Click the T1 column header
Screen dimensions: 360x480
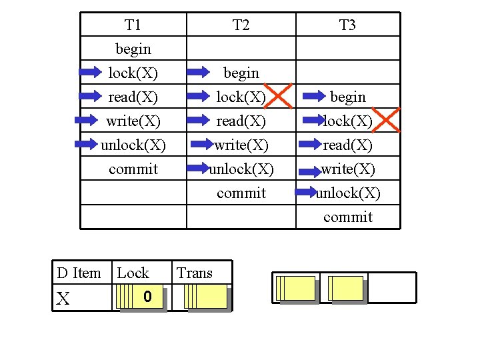[133, 25]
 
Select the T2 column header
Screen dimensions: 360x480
[241, 25]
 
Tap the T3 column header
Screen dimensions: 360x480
[347, 25]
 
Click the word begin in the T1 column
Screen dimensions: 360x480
[133, 49]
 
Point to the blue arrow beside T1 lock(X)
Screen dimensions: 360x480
[89, 72]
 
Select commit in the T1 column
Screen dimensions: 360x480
[133, 169]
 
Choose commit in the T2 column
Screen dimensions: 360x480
[241, 193]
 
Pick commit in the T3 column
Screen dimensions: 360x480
[347, 217]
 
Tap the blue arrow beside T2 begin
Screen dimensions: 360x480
[197, 72]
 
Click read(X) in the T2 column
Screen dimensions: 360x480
[241, 121]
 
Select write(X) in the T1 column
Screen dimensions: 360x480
[133, 121]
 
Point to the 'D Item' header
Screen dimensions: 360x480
[79, 273]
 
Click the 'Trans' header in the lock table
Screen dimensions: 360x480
[195, 273]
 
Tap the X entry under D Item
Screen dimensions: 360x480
[63, 299]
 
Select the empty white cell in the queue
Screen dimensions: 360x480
[392, 287]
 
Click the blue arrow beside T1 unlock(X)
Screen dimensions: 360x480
[89, 145]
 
